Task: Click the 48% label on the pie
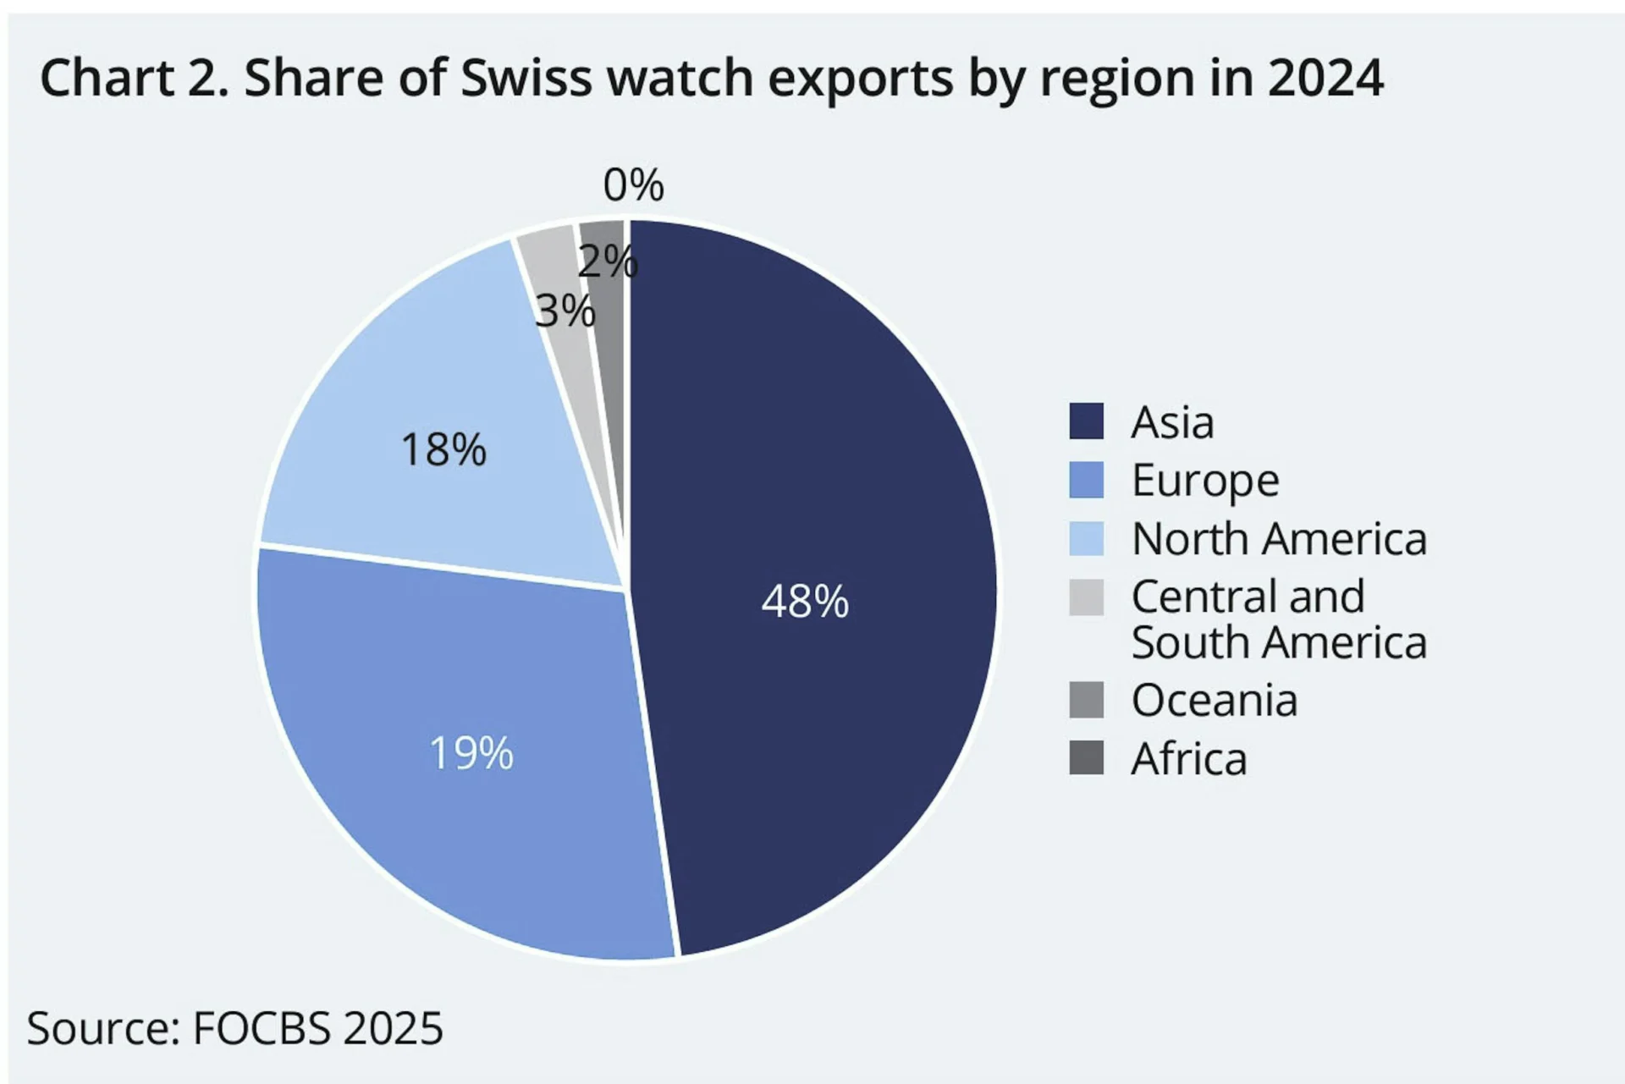[805, 602]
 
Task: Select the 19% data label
[471, 752]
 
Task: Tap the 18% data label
[443, 449]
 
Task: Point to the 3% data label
[565, 311]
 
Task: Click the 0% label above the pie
[633, 185]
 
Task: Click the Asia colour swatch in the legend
[1086, 421]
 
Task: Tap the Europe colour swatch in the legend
[1086, 480]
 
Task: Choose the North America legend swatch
[1086, 538]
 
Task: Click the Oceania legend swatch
[1086, 700]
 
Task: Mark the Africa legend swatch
[1086, 757]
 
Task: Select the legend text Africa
[1188, 758]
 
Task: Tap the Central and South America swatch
[1086, 597]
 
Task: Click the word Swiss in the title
[526, 78]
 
